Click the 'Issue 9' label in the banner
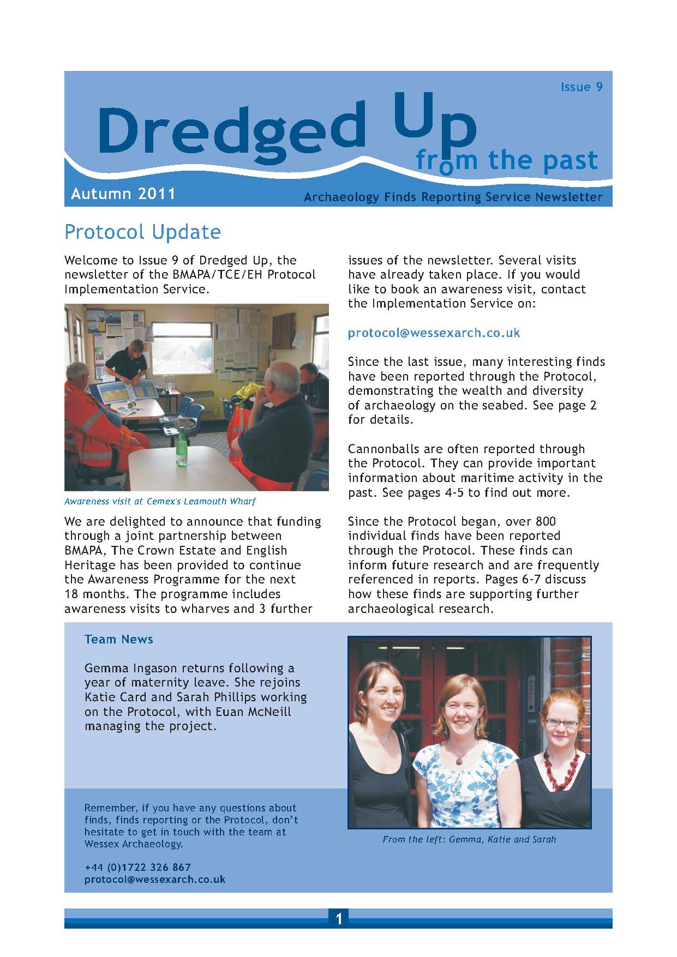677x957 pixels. (x=581, y=87)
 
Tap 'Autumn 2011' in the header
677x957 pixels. (x=123, y=194)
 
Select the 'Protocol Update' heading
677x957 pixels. (x=142, y=232)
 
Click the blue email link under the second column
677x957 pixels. (x=434, y=333)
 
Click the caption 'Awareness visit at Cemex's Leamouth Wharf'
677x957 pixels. (x=160, y=501)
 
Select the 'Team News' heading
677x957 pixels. (x=119, y=639)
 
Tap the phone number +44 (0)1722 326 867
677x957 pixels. (x=137, y=867)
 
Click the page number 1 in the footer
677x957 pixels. (x=339, y=919)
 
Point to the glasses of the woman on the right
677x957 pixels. (x=561, y=723)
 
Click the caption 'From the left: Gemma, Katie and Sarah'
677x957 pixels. (x=469, y=839)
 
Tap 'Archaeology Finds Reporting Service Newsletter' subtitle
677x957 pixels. (x=453, y=197)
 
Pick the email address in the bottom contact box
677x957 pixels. (x=155, y=879)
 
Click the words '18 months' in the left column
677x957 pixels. (x=93, y=594)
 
